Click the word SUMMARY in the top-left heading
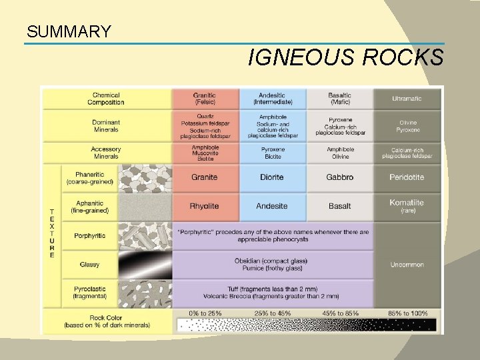click(69, 31)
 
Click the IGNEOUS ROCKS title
click(345, 58)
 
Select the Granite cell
click(204, 177)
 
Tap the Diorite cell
click(272, 177)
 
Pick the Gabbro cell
click(339, 177)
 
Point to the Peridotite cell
click(407, 177)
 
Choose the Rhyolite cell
click(204, 206)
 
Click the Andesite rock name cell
click(272, 206)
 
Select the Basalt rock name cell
click(339, 206)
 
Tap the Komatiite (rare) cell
click(407, 205)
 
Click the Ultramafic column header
click(407, 99)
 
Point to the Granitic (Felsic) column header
click(204, 99)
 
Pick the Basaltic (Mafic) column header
click(339, 99)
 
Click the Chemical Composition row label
click(106, 99)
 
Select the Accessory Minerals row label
click(106, 153)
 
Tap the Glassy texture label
click(89, 265)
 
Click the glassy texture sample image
click(145, 265)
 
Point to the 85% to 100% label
click(407, 313)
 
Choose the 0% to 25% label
click(204, 313)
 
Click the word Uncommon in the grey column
click(407, 265)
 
